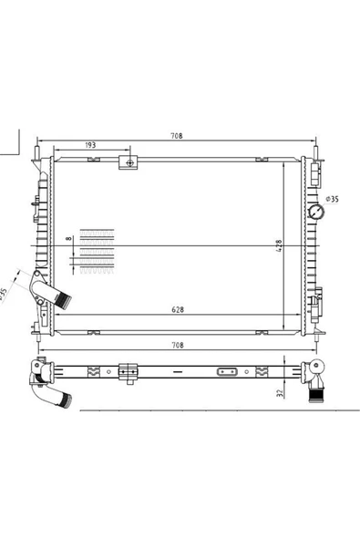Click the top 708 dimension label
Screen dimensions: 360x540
click(x=177, y=136)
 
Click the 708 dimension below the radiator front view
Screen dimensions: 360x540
click(x=178, y=345)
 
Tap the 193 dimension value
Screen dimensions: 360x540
click(x=90, y=145)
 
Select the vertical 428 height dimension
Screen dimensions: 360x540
click(x=279, y=246)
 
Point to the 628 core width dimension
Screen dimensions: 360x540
click(x=178, y=309)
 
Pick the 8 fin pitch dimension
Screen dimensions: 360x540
click(x=69, y=238)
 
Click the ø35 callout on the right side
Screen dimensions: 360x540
click(x=333, y=199)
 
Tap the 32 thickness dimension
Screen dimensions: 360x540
click(x=280, y=393)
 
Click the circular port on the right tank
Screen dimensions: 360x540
click(x=316, y=212)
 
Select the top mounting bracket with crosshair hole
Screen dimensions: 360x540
click(x=129, y=162)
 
